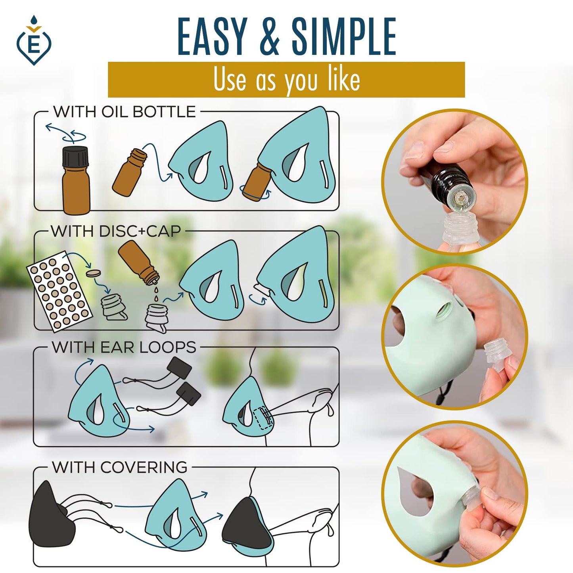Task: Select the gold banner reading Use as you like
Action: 286,80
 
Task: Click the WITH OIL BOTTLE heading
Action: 125,112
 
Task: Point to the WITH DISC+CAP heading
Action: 116,231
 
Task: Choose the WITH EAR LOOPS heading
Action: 124,347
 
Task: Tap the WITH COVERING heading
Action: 119,467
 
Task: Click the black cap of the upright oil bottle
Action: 75,156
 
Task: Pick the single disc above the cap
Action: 93,274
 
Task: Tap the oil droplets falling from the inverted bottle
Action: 156,295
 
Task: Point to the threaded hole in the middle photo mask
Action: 444,310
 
